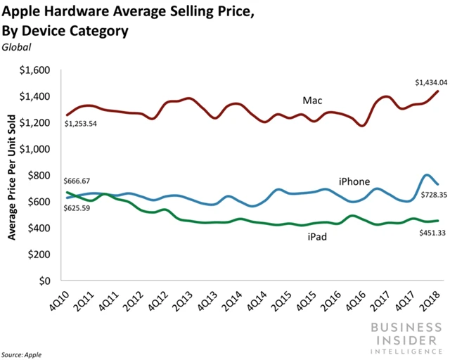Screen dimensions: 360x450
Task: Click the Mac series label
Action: (x=312, y=101)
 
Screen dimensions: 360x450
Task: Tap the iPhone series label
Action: (x=354, y=181)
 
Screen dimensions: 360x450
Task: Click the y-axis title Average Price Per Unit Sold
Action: (x=13, y=176)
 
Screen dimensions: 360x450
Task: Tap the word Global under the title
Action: (x=21, y=47)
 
